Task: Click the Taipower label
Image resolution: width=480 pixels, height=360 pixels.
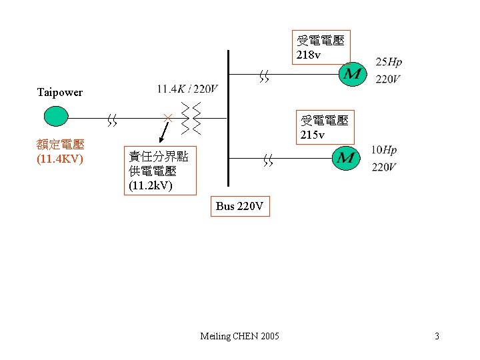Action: [60, 92]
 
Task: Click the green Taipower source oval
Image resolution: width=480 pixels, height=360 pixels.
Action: [56, 116]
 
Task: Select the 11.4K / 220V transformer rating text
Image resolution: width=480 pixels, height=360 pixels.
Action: [187, 89]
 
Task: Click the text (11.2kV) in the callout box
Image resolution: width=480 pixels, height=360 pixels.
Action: [151, 185]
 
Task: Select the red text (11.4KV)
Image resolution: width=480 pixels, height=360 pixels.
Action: [60, 159]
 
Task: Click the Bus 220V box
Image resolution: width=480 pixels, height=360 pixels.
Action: [240, 207]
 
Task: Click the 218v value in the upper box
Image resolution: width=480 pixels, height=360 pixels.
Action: [309, 55]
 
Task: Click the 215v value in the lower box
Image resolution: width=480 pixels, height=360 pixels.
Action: [313, 135]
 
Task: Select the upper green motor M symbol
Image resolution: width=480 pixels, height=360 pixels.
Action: [353, 72]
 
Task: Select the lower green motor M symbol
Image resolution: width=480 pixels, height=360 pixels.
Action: [346, 158]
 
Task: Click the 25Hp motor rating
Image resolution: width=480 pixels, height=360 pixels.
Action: [389, 62]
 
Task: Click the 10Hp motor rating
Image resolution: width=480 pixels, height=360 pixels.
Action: [384, 150]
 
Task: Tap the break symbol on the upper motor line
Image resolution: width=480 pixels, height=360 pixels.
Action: [265, 79]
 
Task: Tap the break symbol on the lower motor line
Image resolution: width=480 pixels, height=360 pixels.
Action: [268, 160]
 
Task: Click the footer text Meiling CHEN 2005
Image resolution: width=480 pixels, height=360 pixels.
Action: [240, 336]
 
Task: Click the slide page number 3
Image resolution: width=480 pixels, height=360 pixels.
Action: [437, 336]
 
